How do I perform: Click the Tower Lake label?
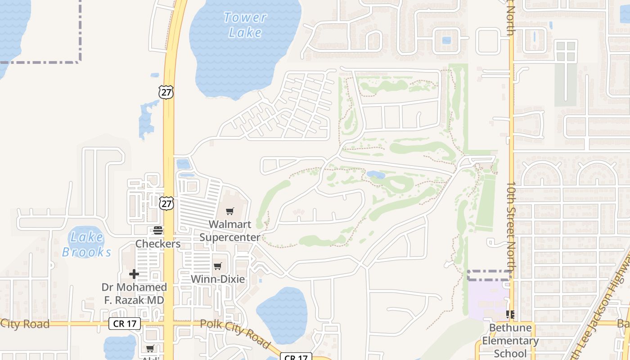[245, 25]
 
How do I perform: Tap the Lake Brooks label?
[87, 244]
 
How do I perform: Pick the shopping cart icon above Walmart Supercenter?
[230, 211]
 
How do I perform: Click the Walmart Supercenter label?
[229, 231]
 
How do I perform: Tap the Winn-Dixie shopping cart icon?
[218, 266]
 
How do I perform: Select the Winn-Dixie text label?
[218, 279]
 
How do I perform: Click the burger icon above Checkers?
[158, 230]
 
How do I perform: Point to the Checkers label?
[158, 244]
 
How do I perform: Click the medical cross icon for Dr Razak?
[134, 274]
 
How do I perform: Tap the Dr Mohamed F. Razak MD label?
[134, 293]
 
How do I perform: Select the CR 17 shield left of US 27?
[125, 323]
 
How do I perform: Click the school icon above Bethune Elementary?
[510, 314]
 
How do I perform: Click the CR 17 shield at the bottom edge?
[296, 357]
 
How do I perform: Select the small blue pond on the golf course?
[376, 175]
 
